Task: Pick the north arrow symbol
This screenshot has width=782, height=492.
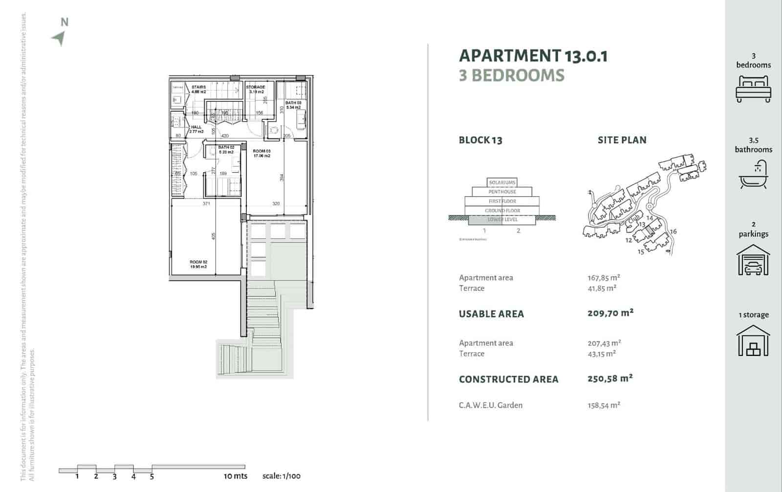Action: click(x=60, y=38)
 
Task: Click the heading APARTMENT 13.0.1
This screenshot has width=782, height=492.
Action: click(x=533, y=56)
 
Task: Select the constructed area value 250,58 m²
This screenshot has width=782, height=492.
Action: click(x=610, y=379)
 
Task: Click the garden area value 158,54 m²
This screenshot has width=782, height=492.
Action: click(x=604, y=405)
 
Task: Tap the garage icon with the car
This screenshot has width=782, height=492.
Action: click(x=753, y=260)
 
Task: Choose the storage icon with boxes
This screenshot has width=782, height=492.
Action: click(x=753, y=341)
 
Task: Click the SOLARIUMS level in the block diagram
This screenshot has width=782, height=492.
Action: click(x=502, y=182)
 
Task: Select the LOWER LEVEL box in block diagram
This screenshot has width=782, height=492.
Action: click(x=502, y=220)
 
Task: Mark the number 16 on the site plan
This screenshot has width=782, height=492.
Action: click(x=673, y=232)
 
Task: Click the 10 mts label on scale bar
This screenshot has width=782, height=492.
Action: click(x=236, y=476)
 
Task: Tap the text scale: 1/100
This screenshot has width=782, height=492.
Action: click(x=282, y=476)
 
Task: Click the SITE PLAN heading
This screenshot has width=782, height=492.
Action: click(x=622, y=140)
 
